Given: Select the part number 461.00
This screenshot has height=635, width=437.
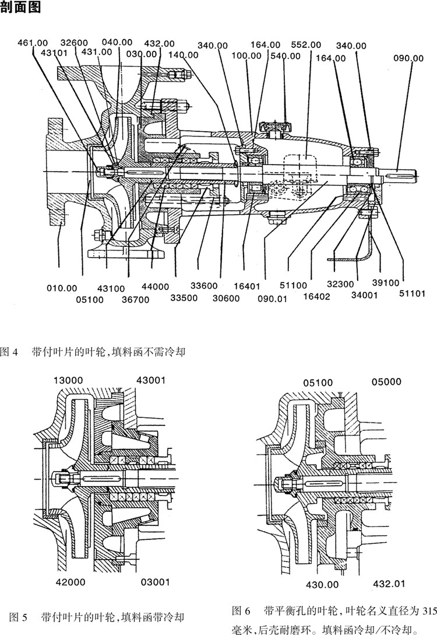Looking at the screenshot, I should click(33, 43).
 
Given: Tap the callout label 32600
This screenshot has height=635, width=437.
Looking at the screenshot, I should click(74, 43).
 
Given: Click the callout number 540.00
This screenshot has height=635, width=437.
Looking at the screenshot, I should click(286, 56).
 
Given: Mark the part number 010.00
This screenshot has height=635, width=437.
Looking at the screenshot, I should click(62, 287).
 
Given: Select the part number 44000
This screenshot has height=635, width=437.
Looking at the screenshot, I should click(154, 287).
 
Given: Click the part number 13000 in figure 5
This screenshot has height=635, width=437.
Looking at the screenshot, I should click(69, 380).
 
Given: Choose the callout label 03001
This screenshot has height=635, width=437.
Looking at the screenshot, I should click(154, 581).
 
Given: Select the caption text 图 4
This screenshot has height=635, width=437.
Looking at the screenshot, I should click(10, 352).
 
